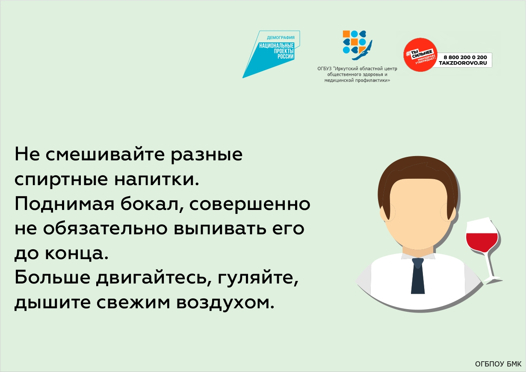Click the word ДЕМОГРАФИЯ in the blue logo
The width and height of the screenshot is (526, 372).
(281, 38)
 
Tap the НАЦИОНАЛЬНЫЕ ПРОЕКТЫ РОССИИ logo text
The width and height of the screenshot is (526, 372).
(276, 51)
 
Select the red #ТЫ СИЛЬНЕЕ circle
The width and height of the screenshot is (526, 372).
(420, 55)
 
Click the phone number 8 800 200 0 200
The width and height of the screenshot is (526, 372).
(465, 57)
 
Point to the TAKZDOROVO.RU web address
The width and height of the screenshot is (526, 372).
(463, 63)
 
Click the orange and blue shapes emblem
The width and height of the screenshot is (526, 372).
(357, 45)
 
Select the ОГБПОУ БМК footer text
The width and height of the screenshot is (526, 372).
(498, 364)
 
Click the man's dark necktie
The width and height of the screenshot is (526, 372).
(418, 276)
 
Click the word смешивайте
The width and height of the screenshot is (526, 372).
(105, 154)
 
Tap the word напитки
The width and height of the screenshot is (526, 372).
(157, 179)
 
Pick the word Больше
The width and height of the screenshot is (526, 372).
(52, 277)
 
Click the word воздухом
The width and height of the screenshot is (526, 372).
(225, 303)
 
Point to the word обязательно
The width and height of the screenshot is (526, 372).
(105, 228)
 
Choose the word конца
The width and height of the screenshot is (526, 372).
(77, 253)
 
